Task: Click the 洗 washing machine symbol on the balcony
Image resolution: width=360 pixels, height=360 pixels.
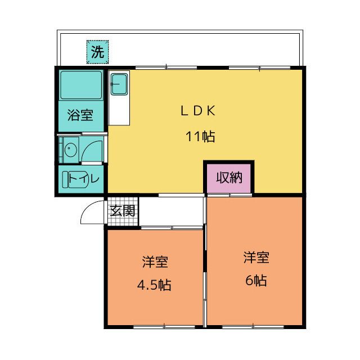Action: [x=97, y=52]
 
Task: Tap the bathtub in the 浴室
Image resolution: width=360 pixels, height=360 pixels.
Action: [x=81, y=85]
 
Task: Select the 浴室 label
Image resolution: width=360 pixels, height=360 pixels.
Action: [x=80, y=115]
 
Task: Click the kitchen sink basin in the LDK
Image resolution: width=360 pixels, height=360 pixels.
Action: [x=119, y=84]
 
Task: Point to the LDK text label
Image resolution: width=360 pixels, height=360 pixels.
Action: [x=198, y=111]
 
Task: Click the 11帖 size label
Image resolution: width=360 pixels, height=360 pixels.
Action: [x=200, y=136]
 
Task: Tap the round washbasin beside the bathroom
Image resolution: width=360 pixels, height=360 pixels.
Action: [x=70, y=149]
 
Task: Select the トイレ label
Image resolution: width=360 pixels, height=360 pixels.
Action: [x=84, y=178]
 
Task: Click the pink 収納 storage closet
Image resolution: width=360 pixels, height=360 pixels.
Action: [x=229, y=178]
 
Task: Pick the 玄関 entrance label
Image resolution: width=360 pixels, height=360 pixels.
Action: [x=123, y=211]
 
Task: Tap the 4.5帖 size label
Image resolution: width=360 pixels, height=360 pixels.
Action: [x=154, y=285]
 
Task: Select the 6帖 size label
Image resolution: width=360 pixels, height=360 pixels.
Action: [x=256, y=280]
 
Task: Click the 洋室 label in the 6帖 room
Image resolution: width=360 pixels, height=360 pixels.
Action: [x=256, y=258]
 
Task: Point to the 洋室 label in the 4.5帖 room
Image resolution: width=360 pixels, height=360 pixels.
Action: [x=155, y=262]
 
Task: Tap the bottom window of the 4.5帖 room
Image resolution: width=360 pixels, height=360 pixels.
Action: [x=164, y=326]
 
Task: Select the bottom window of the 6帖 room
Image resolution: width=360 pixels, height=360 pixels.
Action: [x=253, y=326]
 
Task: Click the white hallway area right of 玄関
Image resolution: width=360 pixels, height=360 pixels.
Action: [x=171, y=211]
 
